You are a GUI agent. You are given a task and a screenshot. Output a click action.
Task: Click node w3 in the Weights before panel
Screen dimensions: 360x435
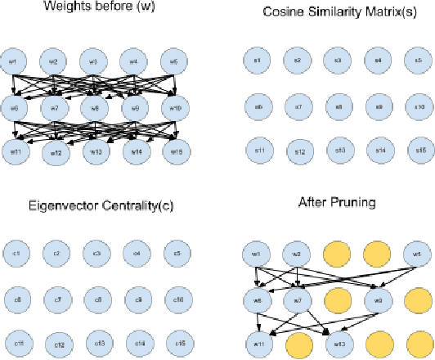pos(93,62)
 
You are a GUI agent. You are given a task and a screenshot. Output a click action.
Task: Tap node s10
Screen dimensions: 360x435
pos(419,106)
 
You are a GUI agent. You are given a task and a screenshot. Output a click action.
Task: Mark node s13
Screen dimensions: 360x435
pos(339,151)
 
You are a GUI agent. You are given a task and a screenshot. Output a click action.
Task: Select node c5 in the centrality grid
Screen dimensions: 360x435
pos(177,254)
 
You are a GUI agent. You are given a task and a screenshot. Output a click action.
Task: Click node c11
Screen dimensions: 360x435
pos(16,342)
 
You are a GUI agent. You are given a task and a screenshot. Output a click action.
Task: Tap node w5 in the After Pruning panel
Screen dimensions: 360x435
pos(418,254)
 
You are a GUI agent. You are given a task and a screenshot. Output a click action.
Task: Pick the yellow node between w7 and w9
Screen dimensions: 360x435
pos(338,299)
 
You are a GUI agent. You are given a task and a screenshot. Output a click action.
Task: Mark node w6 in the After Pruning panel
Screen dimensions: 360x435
pos(258,299)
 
